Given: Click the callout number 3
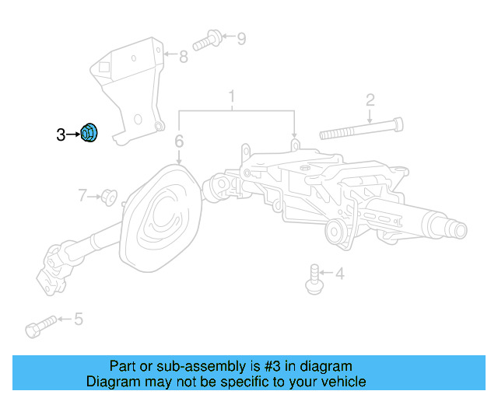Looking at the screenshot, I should pyautogui.click(x=61, y=135).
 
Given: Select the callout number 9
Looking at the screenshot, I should pyautogui.click(x=240, y=37).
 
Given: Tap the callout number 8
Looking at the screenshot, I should pyautogui.click(x=184, y=56).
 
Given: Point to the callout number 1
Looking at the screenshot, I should pyautogui.click(x=231, y=97).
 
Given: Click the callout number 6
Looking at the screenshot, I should pyautogui.click(x=179, y=141).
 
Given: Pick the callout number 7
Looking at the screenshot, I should pyautogui.click(x=82, y=194).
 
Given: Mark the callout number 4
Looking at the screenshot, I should pyautogui.click(x=339, y=273).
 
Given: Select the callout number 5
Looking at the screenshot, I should pyautogui.click(x=78, y=319).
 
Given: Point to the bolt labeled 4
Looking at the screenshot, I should pyautogui.click(x=314, y=278).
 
